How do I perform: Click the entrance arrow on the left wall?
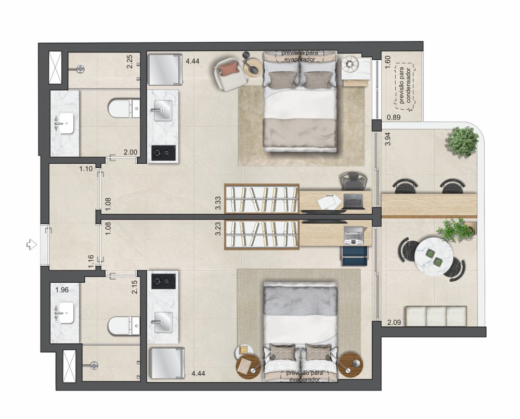coord(32,245)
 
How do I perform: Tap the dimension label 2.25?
coord(129,62)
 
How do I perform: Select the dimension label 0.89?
coord(394,117)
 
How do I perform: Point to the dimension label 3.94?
coord(388,139)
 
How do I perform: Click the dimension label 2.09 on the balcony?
coord(394,322)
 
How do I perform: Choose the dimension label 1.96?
coord(62,290)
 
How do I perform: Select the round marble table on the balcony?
coord(434,256)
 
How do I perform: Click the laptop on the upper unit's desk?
coord(354,201)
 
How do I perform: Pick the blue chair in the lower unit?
coord(355,256)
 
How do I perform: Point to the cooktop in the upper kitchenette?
coord(163,153)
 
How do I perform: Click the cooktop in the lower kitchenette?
coord(163,281)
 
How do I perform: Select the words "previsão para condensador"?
coord(405,86)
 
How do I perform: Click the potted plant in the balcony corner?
coord(463,141)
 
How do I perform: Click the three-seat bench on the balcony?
coord(435,316)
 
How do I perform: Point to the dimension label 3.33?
coord(218,203)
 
